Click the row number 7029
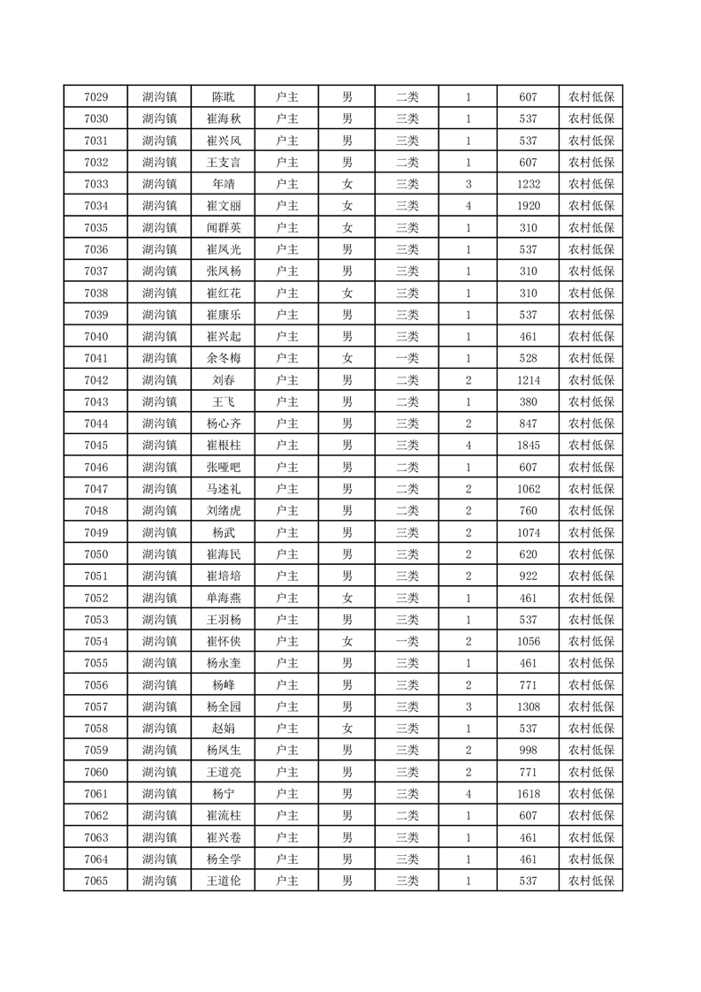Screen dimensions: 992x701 tap(95, 97)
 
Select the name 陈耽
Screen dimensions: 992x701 tap(224, 97)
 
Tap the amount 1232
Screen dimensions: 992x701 tap(529, 184)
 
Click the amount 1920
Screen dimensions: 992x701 tap(529, 206)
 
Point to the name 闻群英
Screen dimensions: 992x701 tap(224, 227)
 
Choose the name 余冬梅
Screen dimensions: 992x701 tap(224, 358)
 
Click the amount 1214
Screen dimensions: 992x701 tap(529, 380)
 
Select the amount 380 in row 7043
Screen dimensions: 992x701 tap(529, 401)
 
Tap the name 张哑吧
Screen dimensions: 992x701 tap(224, 467)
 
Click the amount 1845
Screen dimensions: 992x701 tap(529, 445)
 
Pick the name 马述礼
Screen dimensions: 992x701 tap(224, 489)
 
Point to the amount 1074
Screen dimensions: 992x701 tap(529, 532)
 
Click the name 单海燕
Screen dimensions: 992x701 tap(224, 598)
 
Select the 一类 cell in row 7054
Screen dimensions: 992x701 tap(408, 641)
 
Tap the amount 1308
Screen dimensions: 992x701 tap(529, 706)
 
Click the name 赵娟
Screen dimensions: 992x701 tap(224, 729)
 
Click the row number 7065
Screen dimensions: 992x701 tap(95, 881)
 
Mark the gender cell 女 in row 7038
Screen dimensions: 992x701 tap(347, 293)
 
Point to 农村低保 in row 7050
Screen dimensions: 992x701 tap(591, 554)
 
